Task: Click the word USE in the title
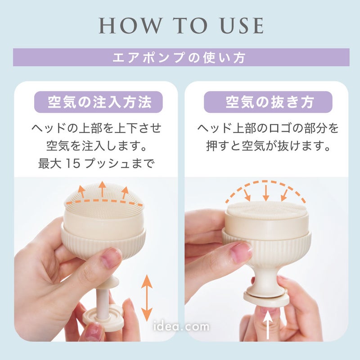pyautogui.click(x=242, y=26)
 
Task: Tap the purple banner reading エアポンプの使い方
pyautogui.click(x=181, y=57)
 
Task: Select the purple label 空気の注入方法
pyautogui.click(x=99, y=102)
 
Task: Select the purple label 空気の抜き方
pyautogui.click(x=268, y=102)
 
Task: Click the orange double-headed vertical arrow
pyautogui.click(x=147, y=298)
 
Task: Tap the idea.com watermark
pyautogui.click(x=181, y=326)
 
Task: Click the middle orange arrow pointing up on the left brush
pyautogui.click(x=103, y=189)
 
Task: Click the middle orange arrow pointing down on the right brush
pyautogui.click(x=266, y=193)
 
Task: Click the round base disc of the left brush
pyautogui.click(x=103, y=319)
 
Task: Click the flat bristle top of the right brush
pyautogui.click(x=266, y=209)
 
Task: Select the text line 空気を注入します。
pyautogui.click(x=97, y=145)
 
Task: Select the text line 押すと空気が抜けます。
pyautogui.click(x=268, y=145)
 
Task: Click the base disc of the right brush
pyautogui.click(x=266, y=300)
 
